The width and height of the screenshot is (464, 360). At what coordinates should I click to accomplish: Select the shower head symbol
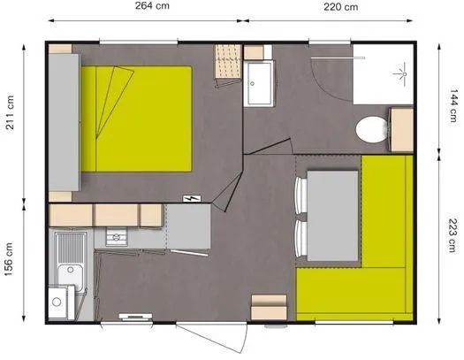pos(401,67)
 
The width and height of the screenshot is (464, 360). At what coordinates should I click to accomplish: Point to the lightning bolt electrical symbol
pos(190,198)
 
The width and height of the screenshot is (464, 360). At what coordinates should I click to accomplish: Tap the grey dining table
pos(331,216)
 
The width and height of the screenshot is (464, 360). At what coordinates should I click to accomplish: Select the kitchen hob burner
pos(114,236)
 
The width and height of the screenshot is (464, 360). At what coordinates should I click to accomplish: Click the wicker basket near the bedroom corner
pos(227,63)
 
